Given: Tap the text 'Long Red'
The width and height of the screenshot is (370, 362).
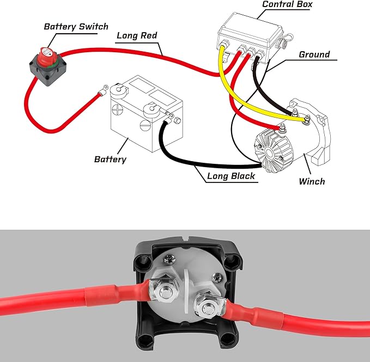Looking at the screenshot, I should pos(137,36).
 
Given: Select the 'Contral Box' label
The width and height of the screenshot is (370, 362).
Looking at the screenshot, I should pos(287,5).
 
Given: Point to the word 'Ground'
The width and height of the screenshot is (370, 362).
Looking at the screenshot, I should pos(314,54).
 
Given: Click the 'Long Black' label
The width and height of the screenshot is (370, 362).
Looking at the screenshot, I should pos(230,176).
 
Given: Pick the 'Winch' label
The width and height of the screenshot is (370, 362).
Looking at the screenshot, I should pos(312,181).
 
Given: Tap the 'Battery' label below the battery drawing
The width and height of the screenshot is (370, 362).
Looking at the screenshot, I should pos(110,159).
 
